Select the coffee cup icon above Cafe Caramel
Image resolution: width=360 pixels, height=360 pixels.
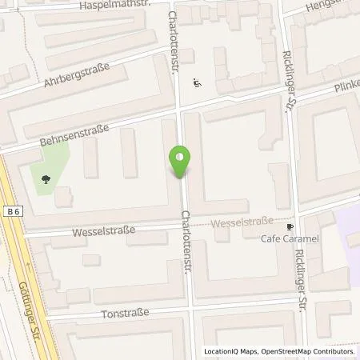(290, 226)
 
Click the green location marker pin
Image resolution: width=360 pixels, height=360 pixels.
(181, 162)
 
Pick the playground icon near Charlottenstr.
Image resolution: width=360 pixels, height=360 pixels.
(197, 82)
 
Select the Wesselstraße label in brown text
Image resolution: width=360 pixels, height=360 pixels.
(243, 222)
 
